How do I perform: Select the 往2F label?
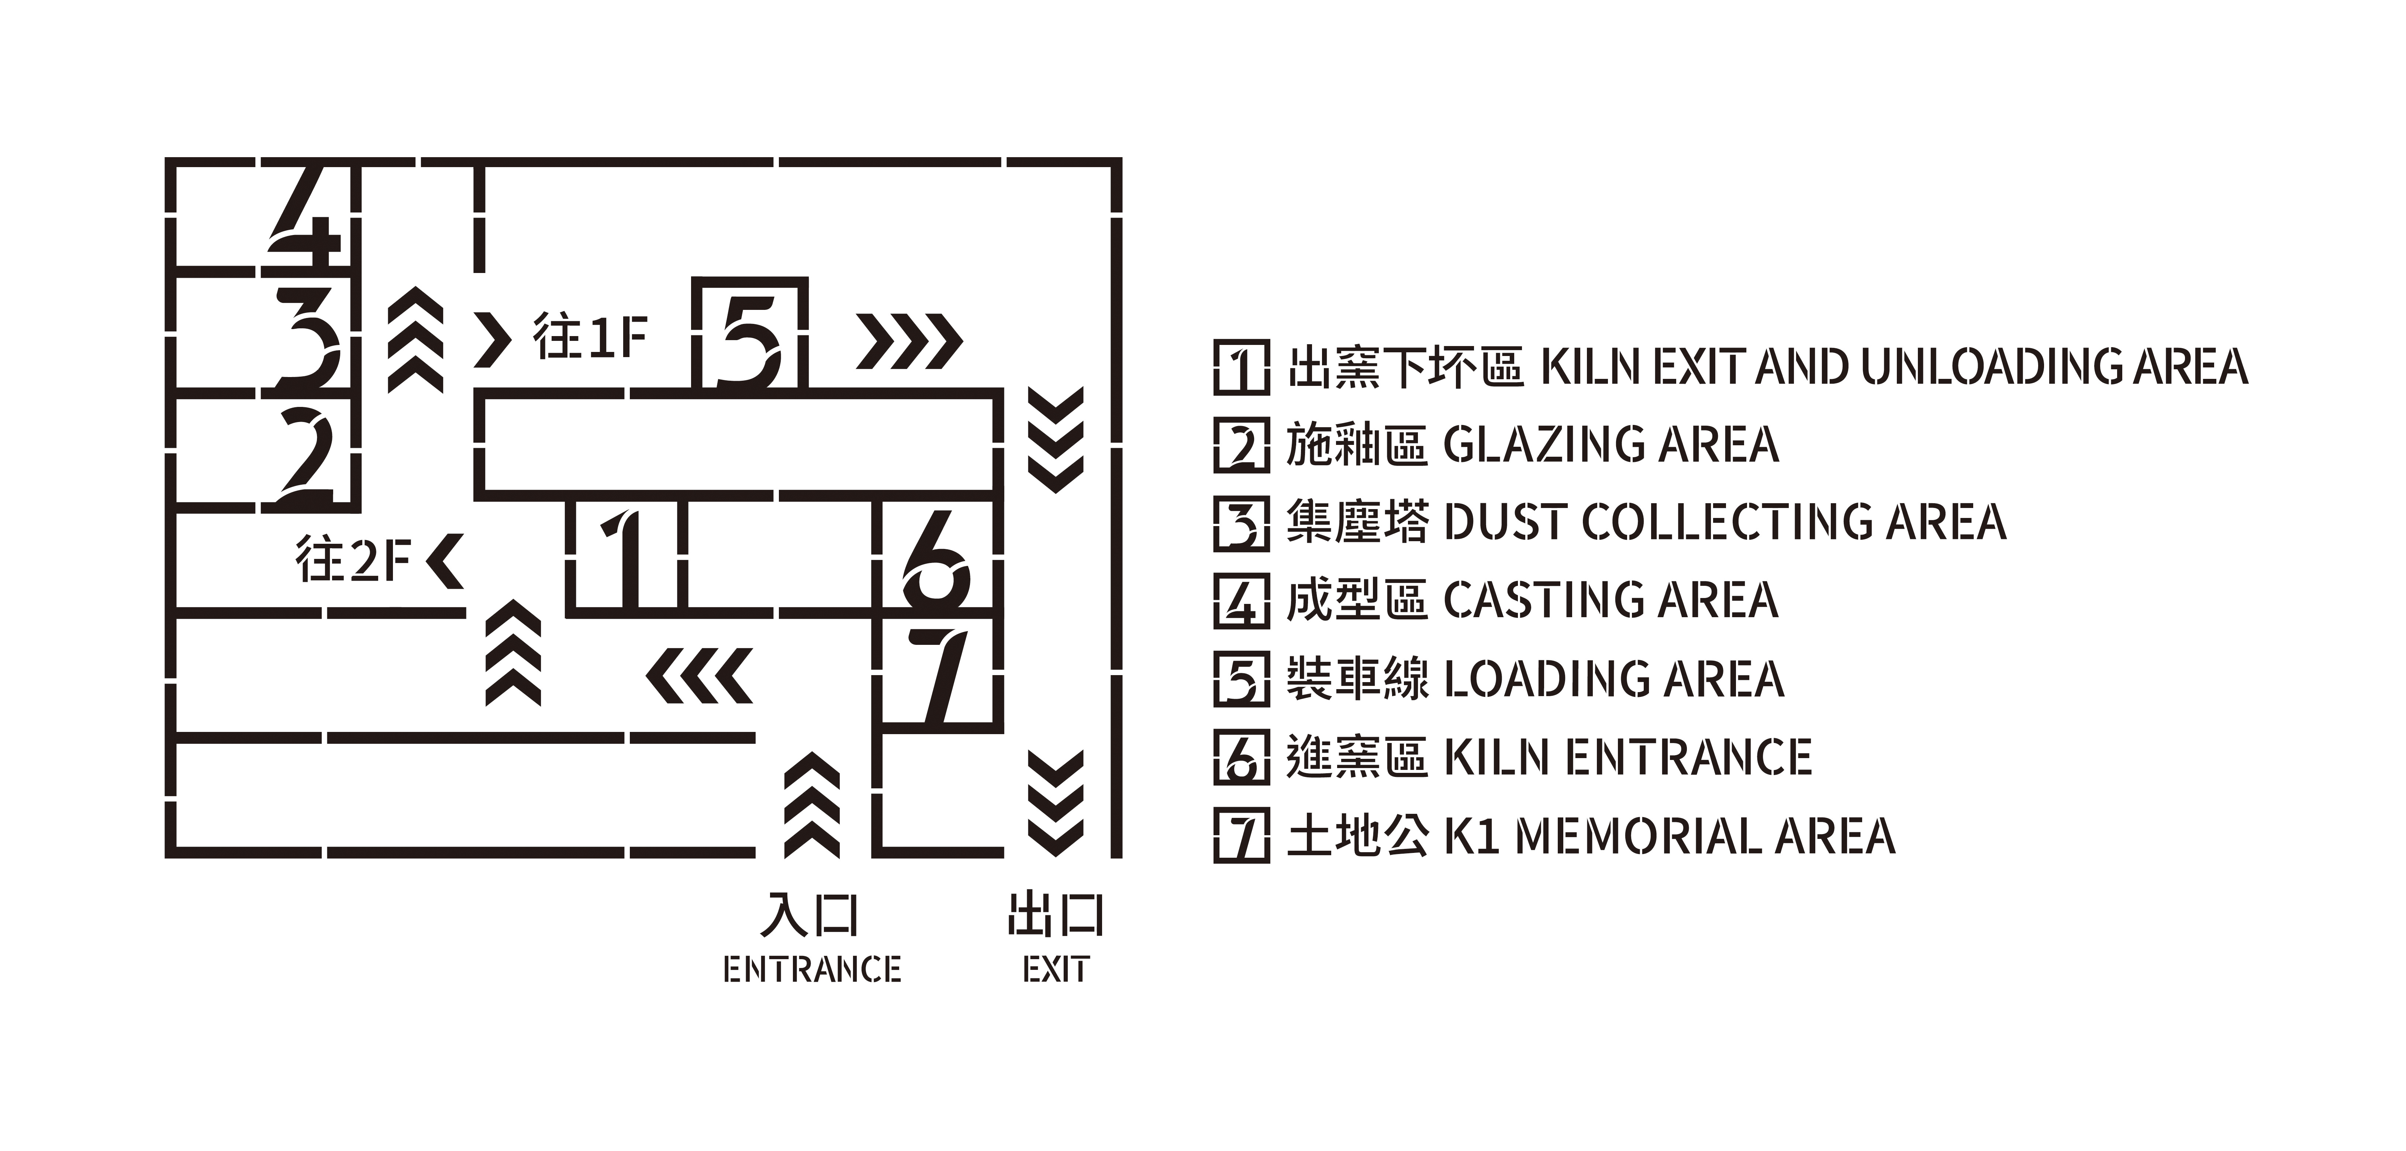[x=353, y=559]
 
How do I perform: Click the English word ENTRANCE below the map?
[x=812, y=970]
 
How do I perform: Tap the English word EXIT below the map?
[x=1056, y=970]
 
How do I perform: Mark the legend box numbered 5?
[x=1241, y=679]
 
